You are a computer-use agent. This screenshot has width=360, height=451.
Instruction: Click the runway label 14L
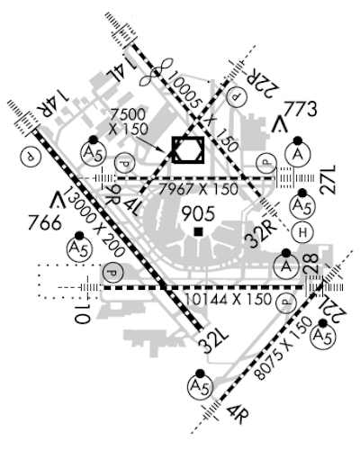tap(120, 71)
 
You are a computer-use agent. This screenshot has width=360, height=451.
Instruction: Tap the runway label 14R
tap(53, 104)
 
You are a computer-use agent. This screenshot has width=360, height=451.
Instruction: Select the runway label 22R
tap(262, 82)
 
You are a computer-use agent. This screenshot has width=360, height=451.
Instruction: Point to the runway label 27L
tap(328, 180)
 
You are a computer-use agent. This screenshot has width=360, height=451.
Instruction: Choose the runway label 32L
tap(214, 341)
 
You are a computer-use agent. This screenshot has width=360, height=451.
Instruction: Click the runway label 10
tap(82, 314)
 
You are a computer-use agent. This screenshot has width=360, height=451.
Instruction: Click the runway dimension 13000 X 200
tap(94, 221)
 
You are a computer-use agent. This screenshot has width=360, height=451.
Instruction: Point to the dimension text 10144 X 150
tap(228, 299)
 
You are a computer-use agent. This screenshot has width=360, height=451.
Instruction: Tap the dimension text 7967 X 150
tap(198, 189)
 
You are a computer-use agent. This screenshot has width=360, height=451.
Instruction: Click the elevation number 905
tap(198, 214)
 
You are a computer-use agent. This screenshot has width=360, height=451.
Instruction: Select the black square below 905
tap(198, 232)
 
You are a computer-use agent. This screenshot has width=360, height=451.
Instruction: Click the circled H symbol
tap(302, 232)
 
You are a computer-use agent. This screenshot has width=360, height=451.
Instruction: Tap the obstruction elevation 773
tap(301, 109)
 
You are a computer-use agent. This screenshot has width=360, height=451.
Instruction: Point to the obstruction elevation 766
tap(45, 223)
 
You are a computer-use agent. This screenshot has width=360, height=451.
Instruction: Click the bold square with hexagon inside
tap(188, 138)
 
